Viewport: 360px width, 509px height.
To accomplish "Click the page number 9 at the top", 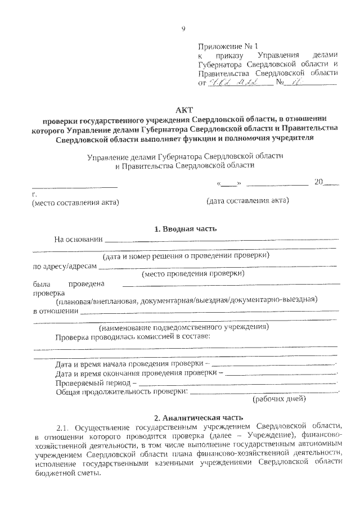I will (183, 29).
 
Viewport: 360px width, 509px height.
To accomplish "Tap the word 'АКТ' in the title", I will (184, 110).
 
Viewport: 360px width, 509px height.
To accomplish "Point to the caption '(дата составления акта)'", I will (247, 201).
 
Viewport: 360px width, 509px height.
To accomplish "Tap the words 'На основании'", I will (79, 239).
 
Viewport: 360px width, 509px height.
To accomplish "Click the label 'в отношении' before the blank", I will (55, 310).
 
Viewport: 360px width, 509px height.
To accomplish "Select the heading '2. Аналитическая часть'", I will (198, 417).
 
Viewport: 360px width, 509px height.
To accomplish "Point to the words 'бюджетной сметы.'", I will (66, 472).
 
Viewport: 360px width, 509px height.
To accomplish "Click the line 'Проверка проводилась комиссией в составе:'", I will (132, 336).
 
